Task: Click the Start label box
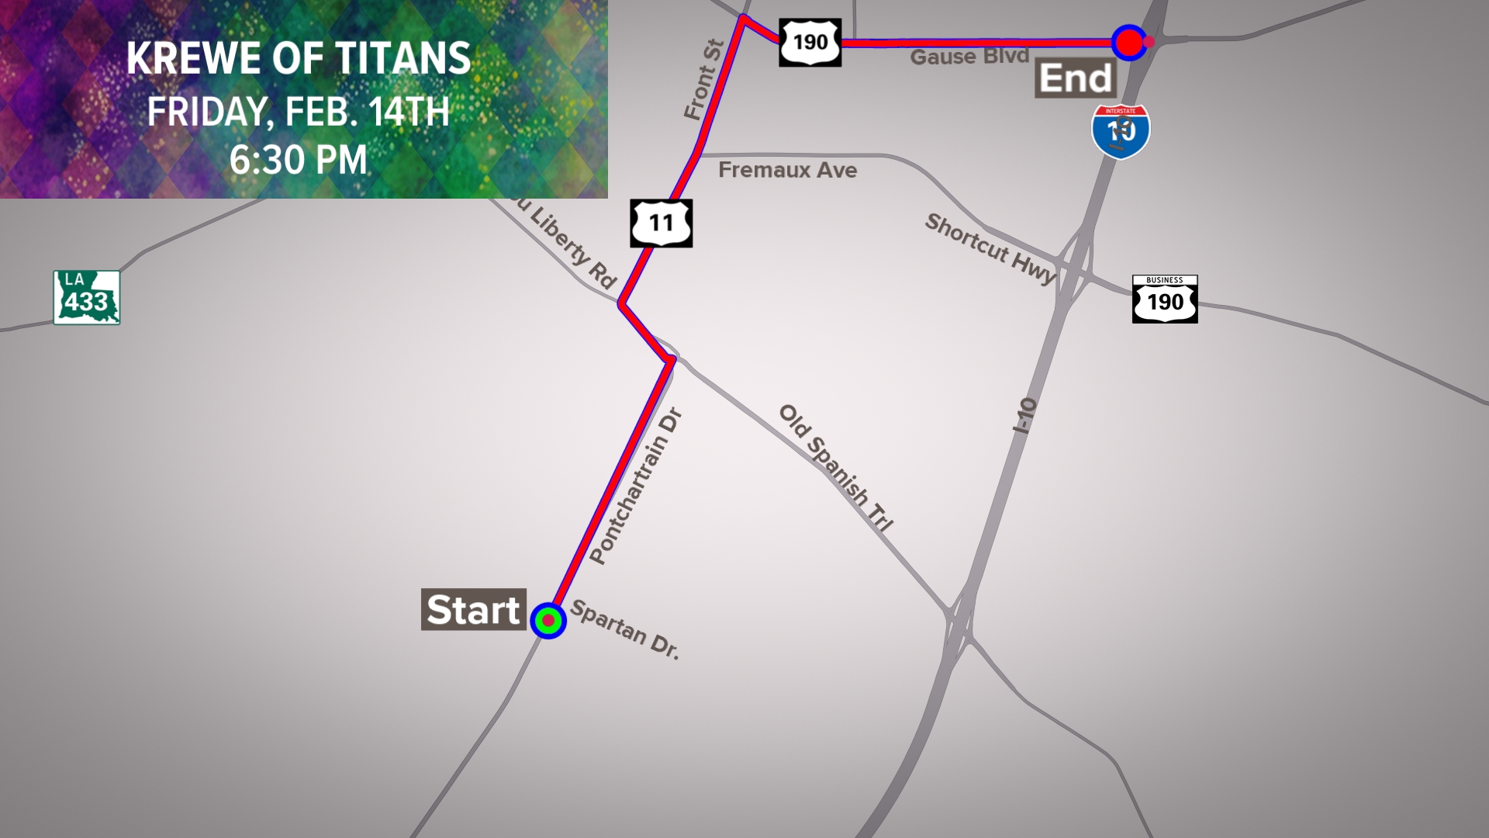point(473,609)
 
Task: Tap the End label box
point(1075,78)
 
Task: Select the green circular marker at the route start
point(548,621)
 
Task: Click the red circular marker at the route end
point(1128,43)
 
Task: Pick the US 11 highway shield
point(661,223)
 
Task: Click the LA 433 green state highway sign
point(87,297)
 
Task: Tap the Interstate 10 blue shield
point(1121,132)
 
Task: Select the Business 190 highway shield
point(1165,299)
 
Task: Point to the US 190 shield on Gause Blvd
point(810,42)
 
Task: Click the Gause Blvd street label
point(969,57)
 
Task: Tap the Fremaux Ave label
point(787,170)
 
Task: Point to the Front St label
point(703,80)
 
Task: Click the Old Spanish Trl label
point(836,467)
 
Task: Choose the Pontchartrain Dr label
point(635,487)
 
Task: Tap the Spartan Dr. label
point(625,630)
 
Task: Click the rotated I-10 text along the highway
point(1024,415)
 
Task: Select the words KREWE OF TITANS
point(299,58)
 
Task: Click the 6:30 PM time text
point(299,160)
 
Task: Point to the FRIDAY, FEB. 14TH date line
point(299,112)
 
